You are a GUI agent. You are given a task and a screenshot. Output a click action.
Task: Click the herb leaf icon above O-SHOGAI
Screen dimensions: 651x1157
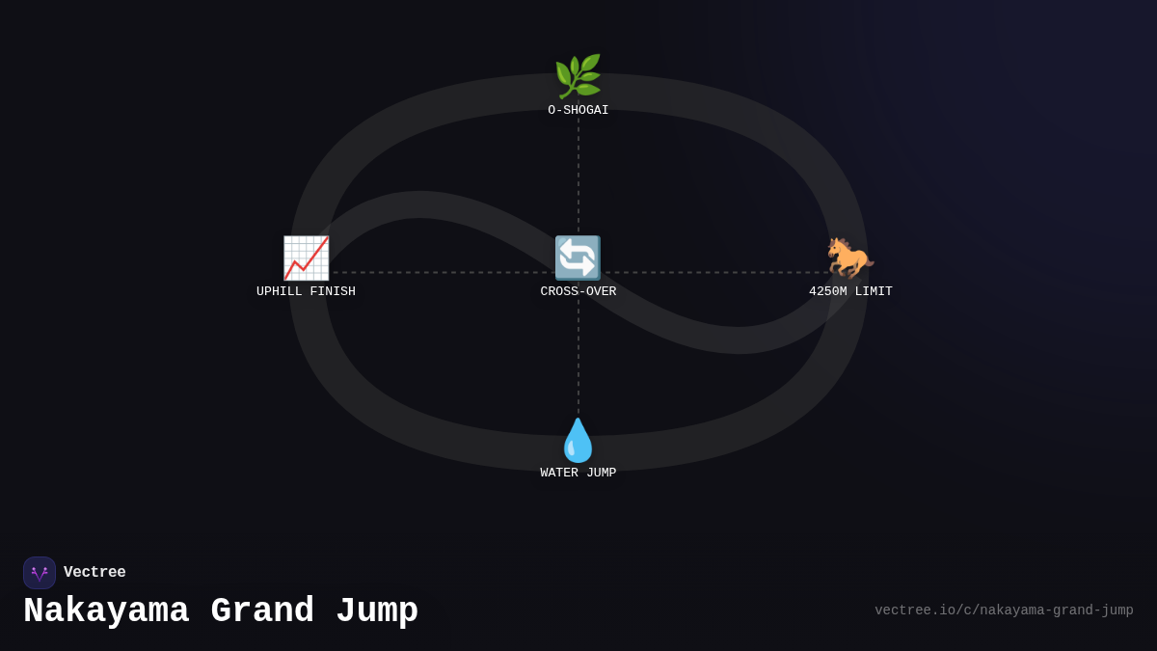[578, 76]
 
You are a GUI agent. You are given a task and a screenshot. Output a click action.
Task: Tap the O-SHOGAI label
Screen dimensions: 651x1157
[578, 110]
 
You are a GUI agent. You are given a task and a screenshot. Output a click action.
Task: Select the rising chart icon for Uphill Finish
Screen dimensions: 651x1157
[306, 258]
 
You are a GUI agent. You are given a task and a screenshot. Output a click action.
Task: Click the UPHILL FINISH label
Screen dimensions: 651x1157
[306, 291]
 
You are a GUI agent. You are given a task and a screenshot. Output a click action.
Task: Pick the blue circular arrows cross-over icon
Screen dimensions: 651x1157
[578, 258]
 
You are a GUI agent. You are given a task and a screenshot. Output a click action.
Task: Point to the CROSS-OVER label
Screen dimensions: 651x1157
[578, 291]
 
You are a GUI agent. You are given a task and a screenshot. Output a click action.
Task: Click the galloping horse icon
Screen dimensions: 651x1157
[850, 258]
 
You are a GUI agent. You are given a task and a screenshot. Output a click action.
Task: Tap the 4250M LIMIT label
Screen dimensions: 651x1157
[850, 291]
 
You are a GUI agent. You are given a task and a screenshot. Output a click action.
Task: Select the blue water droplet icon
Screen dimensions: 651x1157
[578, 440]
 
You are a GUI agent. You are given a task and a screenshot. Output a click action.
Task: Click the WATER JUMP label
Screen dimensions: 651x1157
[578, 473]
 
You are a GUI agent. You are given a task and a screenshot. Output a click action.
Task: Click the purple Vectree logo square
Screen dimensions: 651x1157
[40, 573]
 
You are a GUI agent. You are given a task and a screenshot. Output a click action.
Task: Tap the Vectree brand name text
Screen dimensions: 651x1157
[94, 572]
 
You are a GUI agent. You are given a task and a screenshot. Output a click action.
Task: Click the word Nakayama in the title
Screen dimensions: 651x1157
[106, 611]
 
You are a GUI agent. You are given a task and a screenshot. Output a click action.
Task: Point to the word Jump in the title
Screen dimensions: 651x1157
[377, 611]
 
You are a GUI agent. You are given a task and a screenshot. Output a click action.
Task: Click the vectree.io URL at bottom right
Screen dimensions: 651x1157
[1004, 610]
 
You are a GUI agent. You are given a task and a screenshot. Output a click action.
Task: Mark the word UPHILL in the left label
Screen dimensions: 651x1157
[279, 291]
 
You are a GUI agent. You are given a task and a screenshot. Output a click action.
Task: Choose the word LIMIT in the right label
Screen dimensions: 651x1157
[874, 291]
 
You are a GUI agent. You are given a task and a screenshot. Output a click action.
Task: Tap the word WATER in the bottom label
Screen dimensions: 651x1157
[559, 473]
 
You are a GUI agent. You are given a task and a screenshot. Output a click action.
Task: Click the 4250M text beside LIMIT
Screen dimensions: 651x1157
[827, 291]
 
